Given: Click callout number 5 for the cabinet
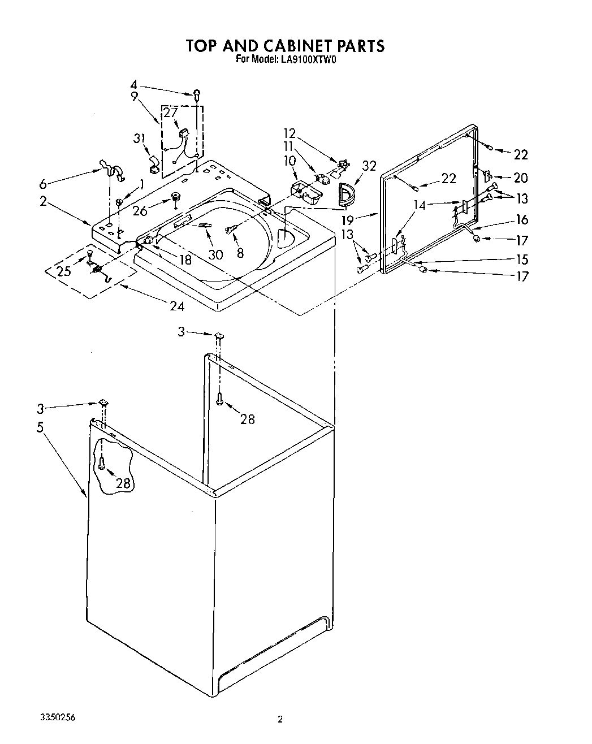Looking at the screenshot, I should tap(40, 427).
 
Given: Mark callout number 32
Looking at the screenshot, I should tap(369, 166).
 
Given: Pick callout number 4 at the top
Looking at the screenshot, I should tap(134, 87).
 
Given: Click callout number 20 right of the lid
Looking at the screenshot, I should tap(520, 178).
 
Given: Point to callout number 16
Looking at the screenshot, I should tap(521, 220).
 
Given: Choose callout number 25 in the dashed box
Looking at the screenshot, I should tap(64, 271).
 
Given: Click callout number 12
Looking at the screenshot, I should tap(289, 133).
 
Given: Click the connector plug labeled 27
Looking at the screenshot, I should tap(183, 134).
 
